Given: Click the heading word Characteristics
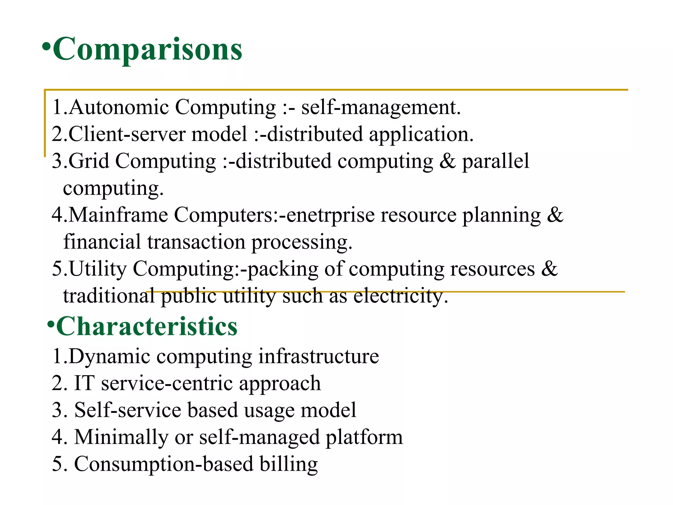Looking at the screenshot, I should coord(147,326).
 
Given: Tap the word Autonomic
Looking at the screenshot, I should coord(119,107).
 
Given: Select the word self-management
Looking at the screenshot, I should coord(381,108).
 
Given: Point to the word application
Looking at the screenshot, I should coord(421,135).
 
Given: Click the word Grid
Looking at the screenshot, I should coord(89,161).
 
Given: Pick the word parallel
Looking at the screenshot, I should coord(496,161).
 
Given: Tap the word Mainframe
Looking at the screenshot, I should coord(118,215).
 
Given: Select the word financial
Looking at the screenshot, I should coord(102,242).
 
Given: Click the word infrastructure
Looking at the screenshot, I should coord(318,356).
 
